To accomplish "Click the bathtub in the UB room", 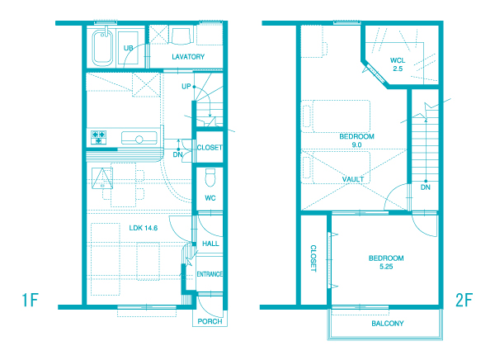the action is coord(102,47).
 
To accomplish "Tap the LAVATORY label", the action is coord(188,57).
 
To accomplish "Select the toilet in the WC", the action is coord(210,178).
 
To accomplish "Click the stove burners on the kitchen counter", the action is coord(98,137).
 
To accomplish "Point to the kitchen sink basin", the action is coord(139,138).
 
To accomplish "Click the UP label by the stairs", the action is coord(186,87).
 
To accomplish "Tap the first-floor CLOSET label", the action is coord(210,148).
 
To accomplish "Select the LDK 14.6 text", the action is coord(144,228).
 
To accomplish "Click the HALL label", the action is coord(210,244).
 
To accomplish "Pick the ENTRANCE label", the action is coord(210,274).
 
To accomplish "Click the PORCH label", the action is coord(210,321).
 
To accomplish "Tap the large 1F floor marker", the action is coord(30,300).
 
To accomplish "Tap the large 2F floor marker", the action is coord(464,300).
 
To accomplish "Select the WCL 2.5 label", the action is coord(398,64).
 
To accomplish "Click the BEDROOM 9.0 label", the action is coord(356,140).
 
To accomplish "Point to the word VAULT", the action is coord(353,179).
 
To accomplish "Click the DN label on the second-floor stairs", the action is coord(425,187).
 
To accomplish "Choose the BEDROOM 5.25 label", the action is coord(386,263).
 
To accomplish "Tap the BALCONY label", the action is coord(388,324).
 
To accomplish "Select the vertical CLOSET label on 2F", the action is coord(313,258).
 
